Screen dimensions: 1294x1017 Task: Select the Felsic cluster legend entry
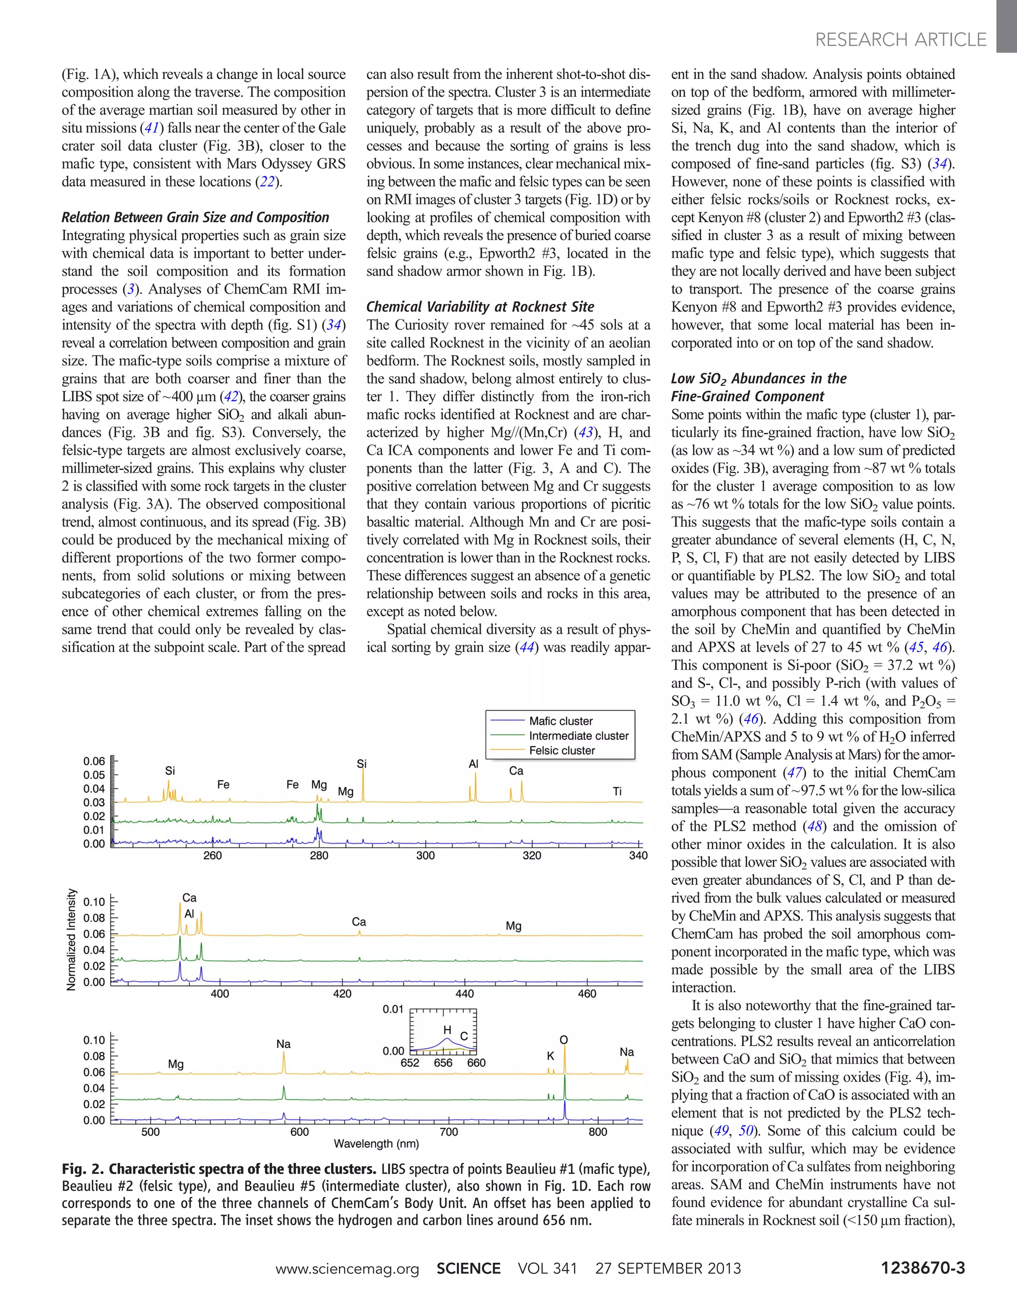click(x=562, y=750)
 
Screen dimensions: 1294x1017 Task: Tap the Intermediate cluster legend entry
click(x=578, y=735)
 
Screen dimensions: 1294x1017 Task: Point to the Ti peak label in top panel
click(x=617, y=791)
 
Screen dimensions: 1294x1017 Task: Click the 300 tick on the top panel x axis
click(x=425, y=856)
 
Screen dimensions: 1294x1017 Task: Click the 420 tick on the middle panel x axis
click(x=342, y=993)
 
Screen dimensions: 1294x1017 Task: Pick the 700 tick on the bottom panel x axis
click(x=448, y=1132)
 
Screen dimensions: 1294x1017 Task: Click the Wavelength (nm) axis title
click(x=376, y=1144)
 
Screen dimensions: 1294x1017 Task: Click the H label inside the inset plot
click(x=447, y=1030)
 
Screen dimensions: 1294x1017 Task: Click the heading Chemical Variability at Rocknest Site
click(x=480, y=307)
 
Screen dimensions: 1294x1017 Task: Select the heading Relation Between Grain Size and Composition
click(x=195, y=217)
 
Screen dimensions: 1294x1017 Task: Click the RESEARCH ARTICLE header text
click(x=900, y=40)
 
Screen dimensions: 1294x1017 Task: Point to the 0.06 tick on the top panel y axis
click(x=94, y=761)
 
